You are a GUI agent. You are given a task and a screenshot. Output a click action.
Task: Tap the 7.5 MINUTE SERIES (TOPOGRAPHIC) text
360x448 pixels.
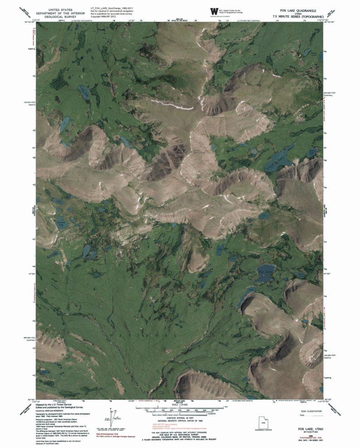pos(297,16)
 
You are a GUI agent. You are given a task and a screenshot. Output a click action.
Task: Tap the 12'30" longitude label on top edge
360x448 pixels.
pos(132,20)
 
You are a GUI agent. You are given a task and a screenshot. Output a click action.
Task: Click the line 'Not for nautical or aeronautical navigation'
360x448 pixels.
pos(112,11)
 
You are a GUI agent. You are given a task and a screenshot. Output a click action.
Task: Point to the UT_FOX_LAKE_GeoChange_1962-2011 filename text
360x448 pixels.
pos(109,8)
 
